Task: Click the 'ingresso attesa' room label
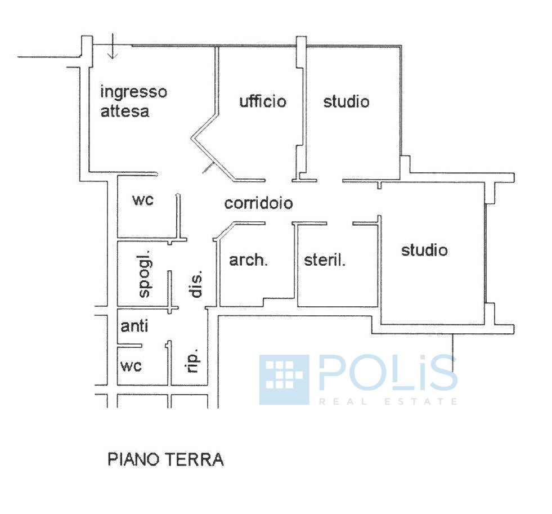pyautogui.click(x=133, y=101)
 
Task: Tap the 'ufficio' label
pyautogui.click(x=262, y=101)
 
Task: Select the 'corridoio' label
pyautogui.click(x=258, y=203)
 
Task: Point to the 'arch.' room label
pyautogui.click(x=248, y=260)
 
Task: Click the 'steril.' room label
pyautogui.click(x=325, y=260)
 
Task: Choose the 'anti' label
pyautogui.click(x=135, y=327)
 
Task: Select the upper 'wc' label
pyautogui.click(x=143, y=200)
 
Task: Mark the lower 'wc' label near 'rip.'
pyautogui.click(x=131, y=366)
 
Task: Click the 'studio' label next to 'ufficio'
pyautogui.click(x=346, y=101)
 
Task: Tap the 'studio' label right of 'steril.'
pyautogui.click(x=424, y=249)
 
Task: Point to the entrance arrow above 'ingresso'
pyautogui.click(x=113, y=47)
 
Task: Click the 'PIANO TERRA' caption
pyautogui.click(x=165, y=459)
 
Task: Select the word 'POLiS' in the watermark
pyautogui.click(x=388, y=373)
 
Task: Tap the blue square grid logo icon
pyautogui.click(x=284, y=379)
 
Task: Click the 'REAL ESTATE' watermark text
pyautogui.click(x=388, y=401)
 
